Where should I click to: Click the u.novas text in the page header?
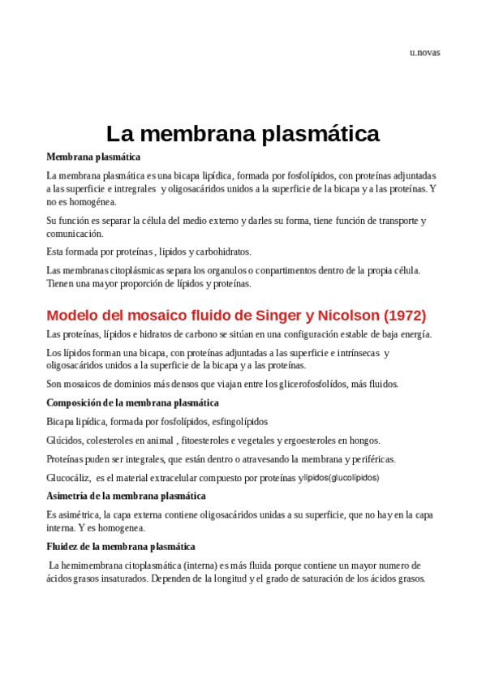(424, 53)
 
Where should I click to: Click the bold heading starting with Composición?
(132, 402)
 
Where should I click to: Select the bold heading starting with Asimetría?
(126, 496)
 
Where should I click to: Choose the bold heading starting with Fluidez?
(121, 547)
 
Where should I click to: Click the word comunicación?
(75, 234)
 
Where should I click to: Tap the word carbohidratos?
(224, 252)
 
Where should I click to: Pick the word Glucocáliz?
(68, 478)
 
